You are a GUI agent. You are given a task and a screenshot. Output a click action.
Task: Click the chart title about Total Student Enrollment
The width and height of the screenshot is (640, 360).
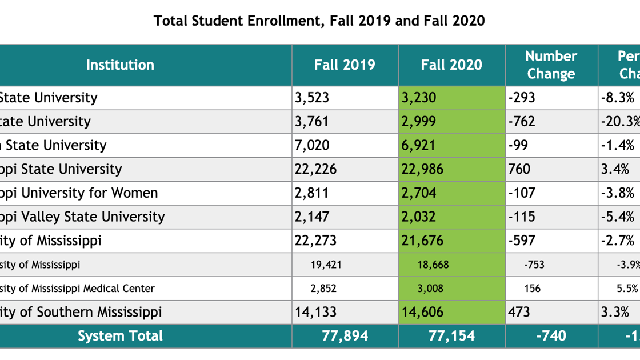point(319,21)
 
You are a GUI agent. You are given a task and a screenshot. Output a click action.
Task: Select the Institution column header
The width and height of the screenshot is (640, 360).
point(120,65)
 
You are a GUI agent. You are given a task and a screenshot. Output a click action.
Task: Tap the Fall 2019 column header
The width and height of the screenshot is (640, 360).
point(345,65)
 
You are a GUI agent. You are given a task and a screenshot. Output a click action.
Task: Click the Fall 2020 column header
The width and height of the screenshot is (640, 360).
point(451,65)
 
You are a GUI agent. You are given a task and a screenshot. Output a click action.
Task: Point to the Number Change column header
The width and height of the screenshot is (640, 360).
point(551,65)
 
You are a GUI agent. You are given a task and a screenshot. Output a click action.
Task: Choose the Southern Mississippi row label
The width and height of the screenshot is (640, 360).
point(81,312)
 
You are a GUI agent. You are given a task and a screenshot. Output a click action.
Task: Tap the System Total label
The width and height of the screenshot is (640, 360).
point(120,336)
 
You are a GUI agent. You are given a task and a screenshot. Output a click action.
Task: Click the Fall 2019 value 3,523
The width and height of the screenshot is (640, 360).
point(312,98)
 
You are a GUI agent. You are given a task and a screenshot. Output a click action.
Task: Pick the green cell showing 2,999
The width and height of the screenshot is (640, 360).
point(418,122)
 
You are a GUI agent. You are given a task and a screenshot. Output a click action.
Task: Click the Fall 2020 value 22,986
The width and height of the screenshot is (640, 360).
point(422,169)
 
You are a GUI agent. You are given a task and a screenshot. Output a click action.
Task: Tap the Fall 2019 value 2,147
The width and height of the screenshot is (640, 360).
point(312,217)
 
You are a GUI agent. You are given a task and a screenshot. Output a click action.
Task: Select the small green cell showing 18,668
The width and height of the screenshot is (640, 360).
point(433,265)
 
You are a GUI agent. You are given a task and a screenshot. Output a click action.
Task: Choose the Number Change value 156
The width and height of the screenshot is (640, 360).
point(532,289)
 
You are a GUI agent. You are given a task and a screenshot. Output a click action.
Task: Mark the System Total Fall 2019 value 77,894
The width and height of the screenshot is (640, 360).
point(345,336)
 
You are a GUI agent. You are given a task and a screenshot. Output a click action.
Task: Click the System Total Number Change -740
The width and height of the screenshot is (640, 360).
point(551,336)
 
